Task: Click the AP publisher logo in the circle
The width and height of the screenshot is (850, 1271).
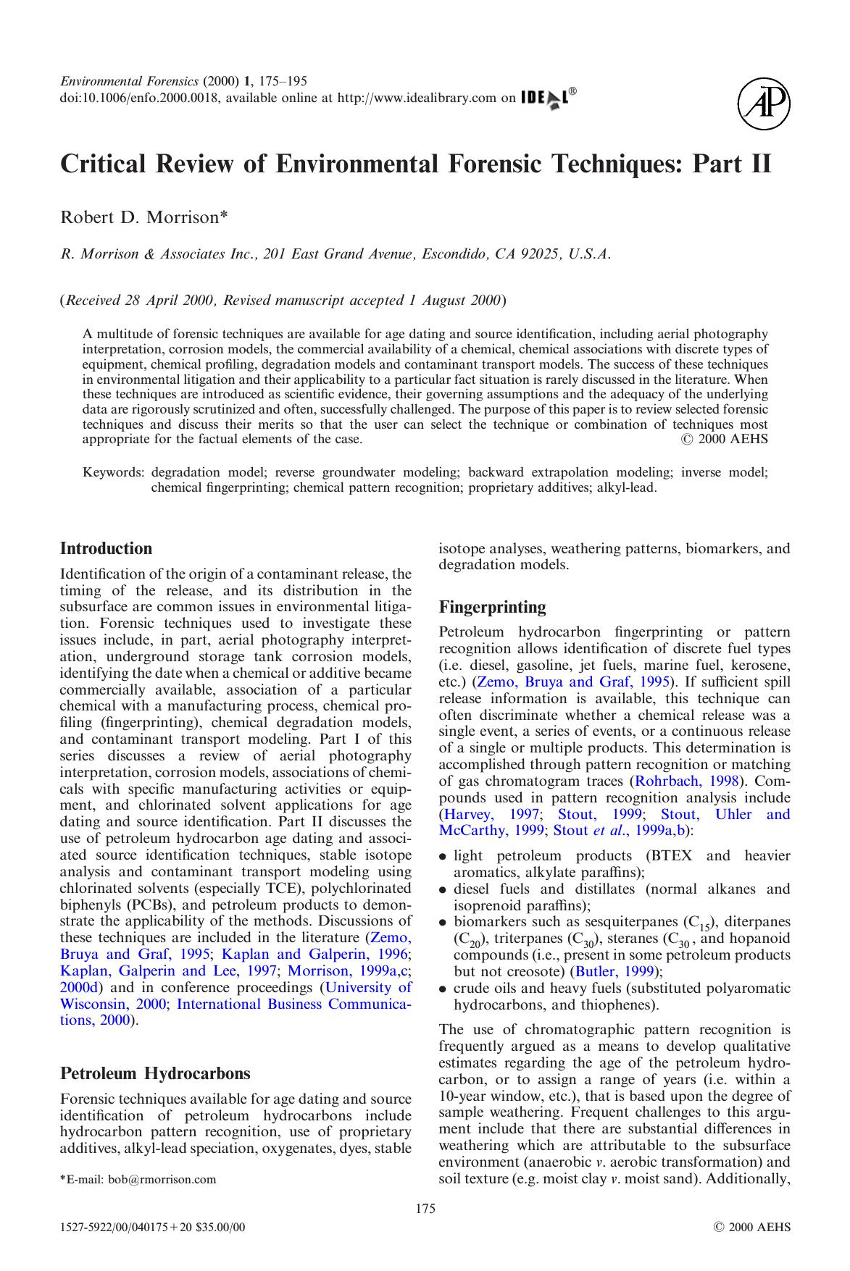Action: coord(764,105)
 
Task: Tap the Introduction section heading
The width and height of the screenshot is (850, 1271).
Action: coord(106,548)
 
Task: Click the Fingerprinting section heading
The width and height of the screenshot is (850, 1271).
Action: coord(492,607)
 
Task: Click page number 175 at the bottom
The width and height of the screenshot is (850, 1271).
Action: coord(425,1208)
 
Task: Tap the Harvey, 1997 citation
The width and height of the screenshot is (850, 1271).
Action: coord(485,814)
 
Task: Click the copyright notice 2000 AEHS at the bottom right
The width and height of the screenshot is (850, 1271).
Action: coord(753,1228)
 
